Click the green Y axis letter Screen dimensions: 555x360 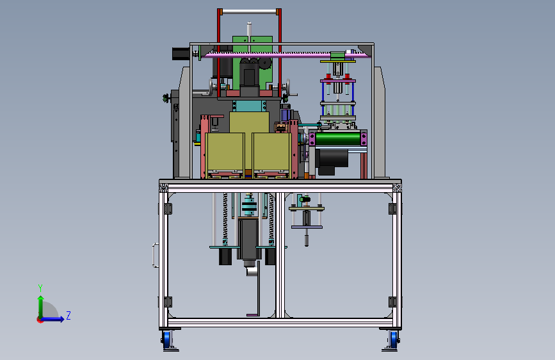[x=40, y=288]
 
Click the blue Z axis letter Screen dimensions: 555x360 [x=68, y=315]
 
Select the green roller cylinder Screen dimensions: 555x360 [x=338, y=138]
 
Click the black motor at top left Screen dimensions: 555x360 [x=181, y=54]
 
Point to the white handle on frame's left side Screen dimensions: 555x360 [x=155, y=255]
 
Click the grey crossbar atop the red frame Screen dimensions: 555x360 [x=249, y=12]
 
